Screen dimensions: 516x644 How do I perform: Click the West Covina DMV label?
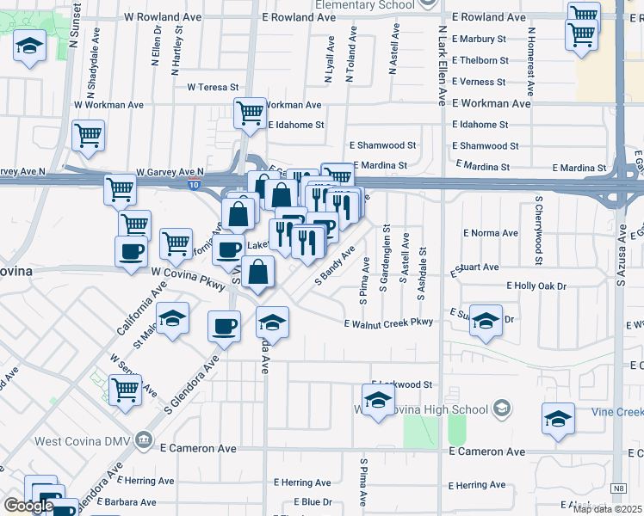pyautogui.click(x=84, y=442)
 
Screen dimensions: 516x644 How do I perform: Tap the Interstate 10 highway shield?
pyautogui.click(x=195, y=184)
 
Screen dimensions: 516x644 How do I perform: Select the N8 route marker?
pyautogui.click(x=618, y=488)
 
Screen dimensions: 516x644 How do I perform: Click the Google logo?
pyautogui.click(x=28, y=506)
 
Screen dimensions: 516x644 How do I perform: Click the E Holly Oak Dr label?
pyautogui.click(x=536, y=285)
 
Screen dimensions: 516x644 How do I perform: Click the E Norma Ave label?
pyautogui.click(x=491, y=233)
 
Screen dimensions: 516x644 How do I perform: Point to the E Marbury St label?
pyautogui.click(x=485, y=39)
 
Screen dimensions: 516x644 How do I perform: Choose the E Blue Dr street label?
pyautogui.click(x=313, y=501)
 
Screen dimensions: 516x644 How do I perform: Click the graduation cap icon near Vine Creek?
pyautogui.click(x=558, y=419)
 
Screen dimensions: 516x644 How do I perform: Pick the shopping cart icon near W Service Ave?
pyautogui.click(x=126, y=390)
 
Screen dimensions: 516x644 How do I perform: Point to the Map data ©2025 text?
pyautogui.click(x=606, y=509)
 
